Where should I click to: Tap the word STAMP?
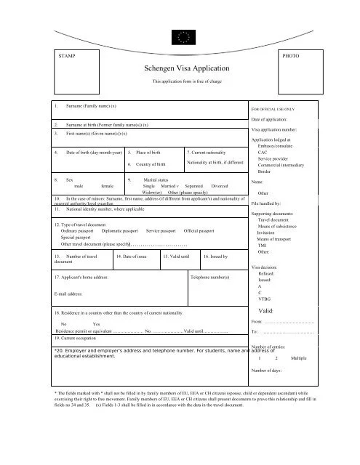coord(65,55)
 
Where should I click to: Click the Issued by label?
coord(216,256)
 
